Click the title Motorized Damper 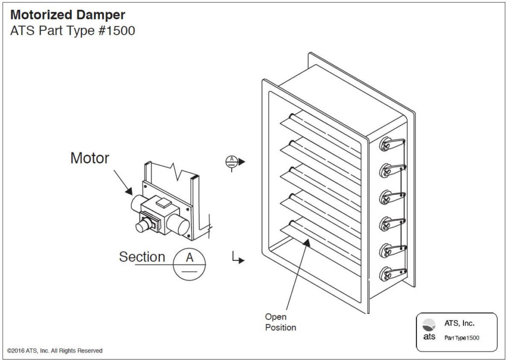[67, 15]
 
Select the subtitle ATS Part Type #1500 [72, 31]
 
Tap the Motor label [90, 158]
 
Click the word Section [142, 257]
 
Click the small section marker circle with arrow [231, 161]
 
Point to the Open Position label [280, 322]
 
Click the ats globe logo [429, 325]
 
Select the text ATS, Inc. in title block [459, 323]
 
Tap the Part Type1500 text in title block [461, 338]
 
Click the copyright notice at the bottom [55, 351]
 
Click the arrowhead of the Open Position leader [308, 242]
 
